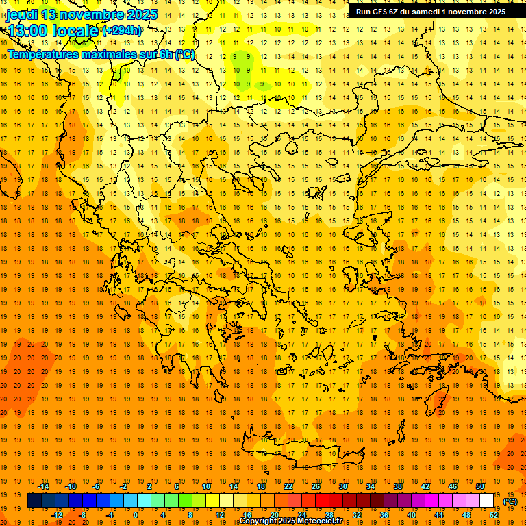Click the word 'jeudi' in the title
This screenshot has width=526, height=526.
point(21,14)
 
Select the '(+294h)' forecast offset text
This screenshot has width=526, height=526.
point(122,31)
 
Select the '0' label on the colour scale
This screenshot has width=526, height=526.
point(135,515)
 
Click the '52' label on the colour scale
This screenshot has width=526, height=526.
point(494,515)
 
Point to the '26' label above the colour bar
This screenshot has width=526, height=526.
point(316,486)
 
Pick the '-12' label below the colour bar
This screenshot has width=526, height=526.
point(57,515)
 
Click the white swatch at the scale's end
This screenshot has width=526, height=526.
point(487,501)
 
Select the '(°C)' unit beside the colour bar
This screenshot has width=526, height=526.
point(510,501)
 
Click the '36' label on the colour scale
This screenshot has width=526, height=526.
point(384,515)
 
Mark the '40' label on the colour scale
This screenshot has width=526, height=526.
point(412,515)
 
